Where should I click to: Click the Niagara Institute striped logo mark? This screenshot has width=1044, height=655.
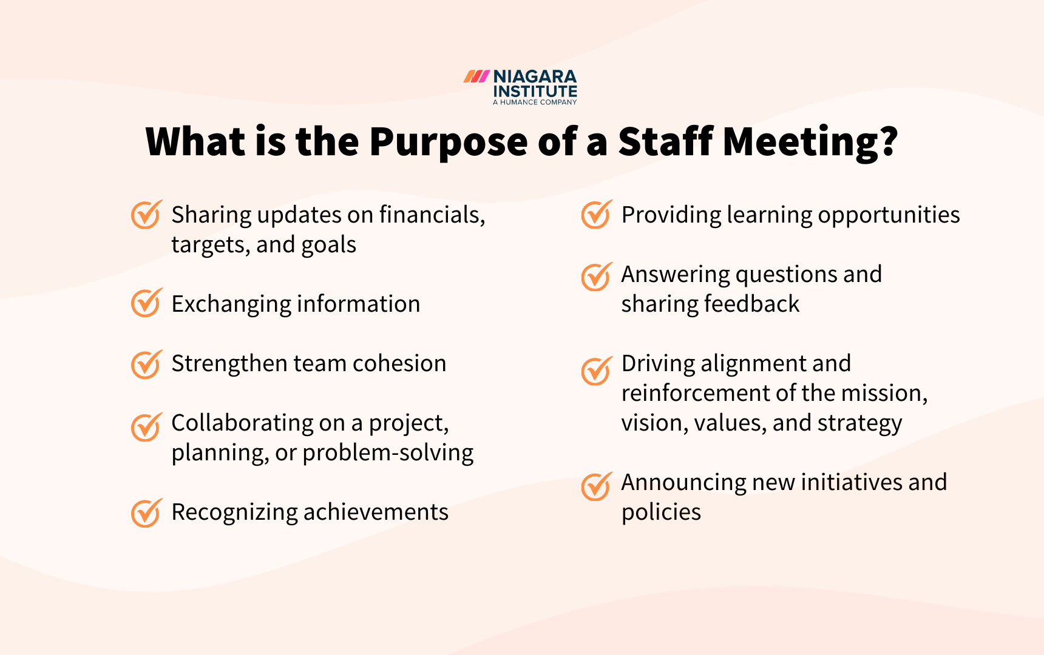[476, 76]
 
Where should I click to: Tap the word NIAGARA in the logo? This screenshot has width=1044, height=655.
[535, 76]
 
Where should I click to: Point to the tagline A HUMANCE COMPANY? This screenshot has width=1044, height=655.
[535, 102]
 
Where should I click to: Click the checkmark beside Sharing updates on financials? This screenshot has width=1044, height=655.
[146, 215]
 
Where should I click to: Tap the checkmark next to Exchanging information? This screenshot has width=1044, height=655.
[146, 303]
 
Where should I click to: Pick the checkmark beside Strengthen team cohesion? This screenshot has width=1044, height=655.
[146, 364]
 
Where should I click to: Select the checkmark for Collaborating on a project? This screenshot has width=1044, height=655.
[146, 427]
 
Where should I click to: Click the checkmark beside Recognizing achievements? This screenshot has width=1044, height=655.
[146, 513]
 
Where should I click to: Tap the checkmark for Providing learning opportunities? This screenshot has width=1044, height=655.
[596, 215]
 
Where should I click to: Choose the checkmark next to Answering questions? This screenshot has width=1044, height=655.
[596, 277]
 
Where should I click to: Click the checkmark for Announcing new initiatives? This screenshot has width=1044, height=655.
[596, 486]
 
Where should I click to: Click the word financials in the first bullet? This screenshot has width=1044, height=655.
[432, 215]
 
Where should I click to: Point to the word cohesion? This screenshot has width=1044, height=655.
[399, 363]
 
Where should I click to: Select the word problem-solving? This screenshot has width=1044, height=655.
[388, 452]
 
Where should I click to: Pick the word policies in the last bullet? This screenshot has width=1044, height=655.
[661, 512]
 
